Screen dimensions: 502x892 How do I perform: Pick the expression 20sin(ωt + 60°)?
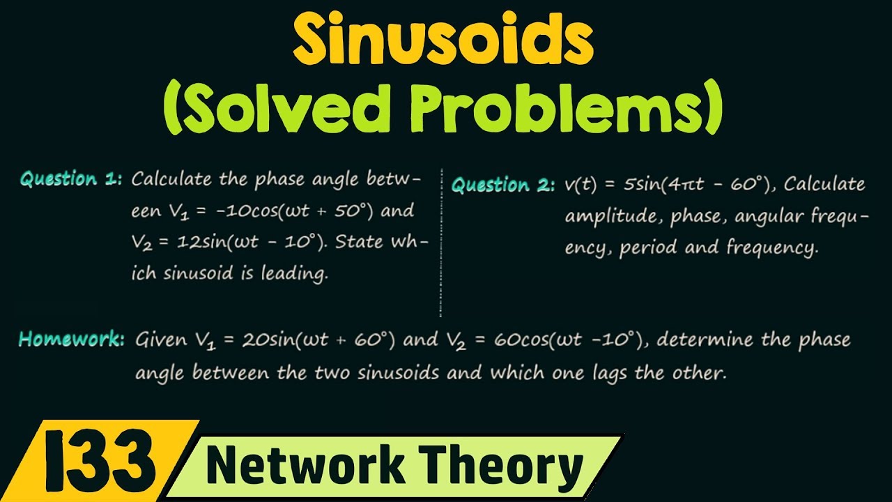[318, 340]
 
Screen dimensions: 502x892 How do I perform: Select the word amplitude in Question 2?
[613, 216]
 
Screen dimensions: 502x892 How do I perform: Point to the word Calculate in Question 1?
[171, 179]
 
